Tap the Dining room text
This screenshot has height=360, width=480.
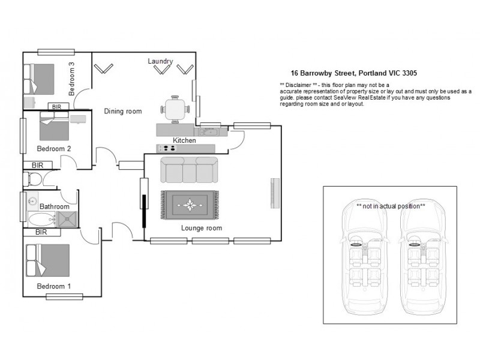point(123,111)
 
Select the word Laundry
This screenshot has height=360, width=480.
point(161,61)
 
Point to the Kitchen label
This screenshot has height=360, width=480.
point(184,140)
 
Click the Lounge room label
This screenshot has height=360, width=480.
point(202,228)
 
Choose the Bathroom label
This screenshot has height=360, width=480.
point(55,206)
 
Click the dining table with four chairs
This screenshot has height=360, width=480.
point(175,110)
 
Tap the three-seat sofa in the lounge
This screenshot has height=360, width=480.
point(189,170)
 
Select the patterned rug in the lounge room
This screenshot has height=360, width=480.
point(190,205)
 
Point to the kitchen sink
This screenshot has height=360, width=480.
point(209,130)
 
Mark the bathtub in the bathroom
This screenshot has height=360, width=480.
point(41,220)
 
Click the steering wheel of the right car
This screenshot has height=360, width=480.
point(413,244)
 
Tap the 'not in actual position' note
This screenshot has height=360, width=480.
point(390,206)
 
